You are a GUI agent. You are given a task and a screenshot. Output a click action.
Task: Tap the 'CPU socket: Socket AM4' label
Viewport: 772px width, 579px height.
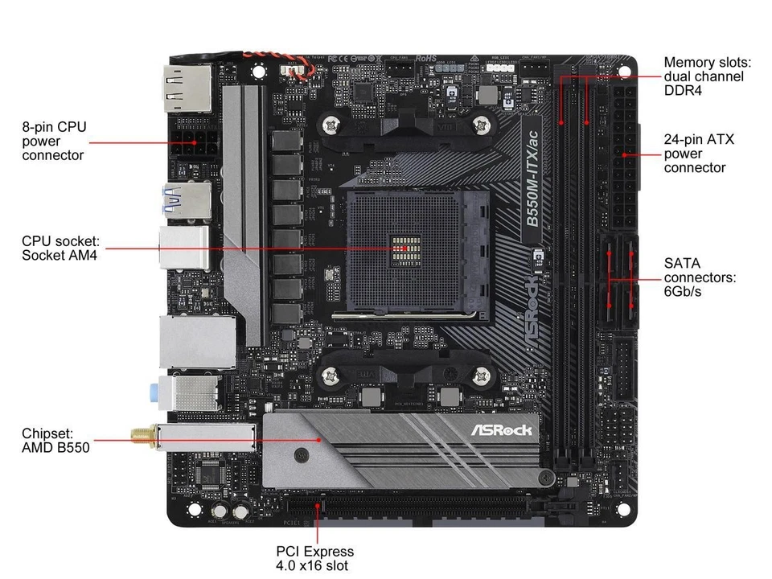point(60,248)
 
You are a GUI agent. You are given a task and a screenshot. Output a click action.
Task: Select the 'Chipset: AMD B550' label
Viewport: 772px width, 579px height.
point(55,440)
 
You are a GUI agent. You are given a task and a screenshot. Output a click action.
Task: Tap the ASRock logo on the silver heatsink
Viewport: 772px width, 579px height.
point(501,429)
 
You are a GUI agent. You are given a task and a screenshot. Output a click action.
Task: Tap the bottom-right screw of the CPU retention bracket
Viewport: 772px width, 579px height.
point(482,374)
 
